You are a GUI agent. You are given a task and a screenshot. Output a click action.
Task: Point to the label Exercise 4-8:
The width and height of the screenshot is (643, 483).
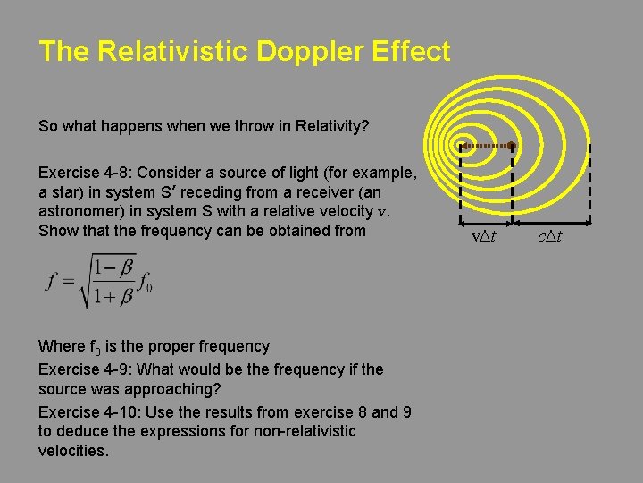(83, 172)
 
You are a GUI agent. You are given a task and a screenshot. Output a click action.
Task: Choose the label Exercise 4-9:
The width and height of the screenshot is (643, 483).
(83, 369)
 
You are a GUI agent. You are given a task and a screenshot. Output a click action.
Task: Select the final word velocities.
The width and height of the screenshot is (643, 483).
(73, 451)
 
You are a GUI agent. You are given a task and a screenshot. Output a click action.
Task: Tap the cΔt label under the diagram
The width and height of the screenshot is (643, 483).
(550, 237)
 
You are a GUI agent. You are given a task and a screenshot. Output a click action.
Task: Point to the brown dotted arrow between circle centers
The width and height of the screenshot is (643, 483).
(487, 145)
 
